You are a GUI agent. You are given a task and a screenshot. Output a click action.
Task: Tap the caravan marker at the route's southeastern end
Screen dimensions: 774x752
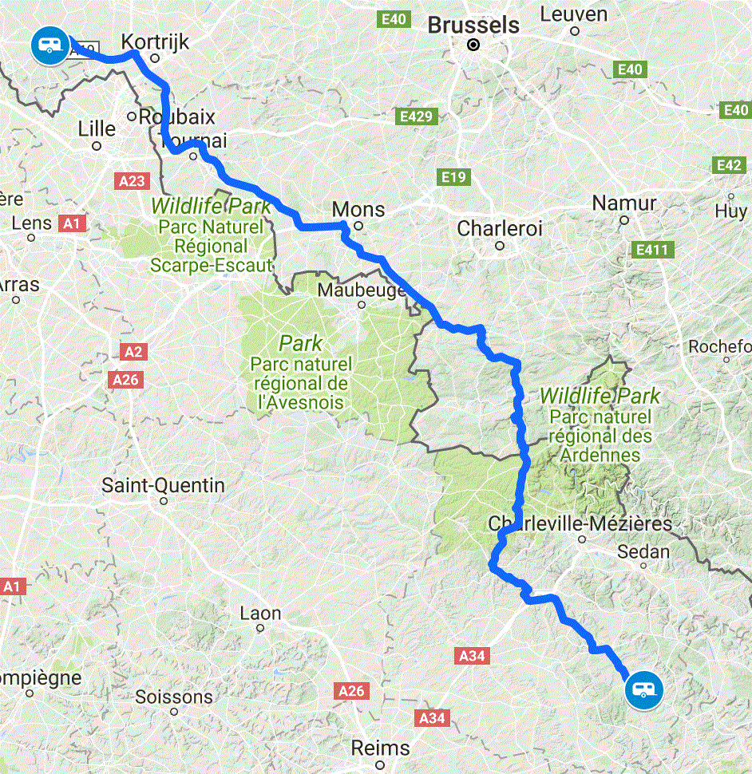[x=643, y=689]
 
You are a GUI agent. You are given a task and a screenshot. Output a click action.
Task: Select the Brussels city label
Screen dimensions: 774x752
[x=473, y=25]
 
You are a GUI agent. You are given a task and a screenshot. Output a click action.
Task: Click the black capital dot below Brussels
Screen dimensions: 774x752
[x=474, y=45]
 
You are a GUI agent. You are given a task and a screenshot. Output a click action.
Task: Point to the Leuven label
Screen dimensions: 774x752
[x=573, y=14]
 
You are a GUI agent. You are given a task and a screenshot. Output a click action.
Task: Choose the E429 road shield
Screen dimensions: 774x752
[x=416, y=117]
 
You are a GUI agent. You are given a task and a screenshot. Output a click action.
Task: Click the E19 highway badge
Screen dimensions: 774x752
[x=453, y=176]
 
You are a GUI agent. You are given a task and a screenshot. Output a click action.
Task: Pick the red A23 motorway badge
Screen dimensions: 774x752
[x=132, y=182]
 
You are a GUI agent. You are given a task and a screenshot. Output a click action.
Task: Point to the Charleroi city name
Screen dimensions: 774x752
[x=499, y=229]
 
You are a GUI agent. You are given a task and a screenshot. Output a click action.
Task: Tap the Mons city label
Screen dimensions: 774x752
[x=358, y=210]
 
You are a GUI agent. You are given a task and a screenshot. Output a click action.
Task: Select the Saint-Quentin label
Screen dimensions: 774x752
[x=163, y=485]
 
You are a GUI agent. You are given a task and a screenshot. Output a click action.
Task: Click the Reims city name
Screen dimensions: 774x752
[x=381, y=748]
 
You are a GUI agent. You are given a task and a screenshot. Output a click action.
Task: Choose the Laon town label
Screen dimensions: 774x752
[x=260, y=614]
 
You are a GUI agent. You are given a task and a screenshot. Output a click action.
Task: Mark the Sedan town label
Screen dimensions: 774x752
[x=643, y=551]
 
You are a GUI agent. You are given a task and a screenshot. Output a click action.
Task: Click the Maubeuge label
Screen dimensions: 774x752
[x=362, y=290]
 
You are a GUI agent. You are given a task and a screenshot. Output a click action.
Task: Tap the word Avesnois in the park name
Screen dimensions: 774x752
[x=301, y=402]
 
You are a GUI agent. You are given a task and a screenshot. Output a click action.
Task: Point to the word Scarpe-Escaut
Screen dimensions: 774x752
[x=212, y=265]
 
